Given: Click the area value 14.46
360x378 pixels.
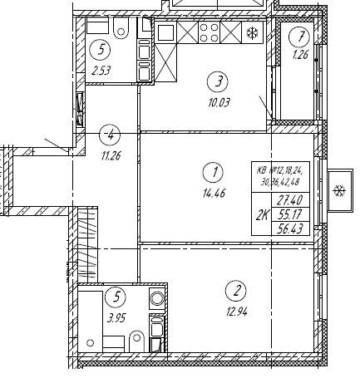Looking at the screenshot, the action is [x=214, y=193].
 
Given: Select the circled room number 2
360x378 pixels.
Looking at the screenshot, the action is [x=236, y=291].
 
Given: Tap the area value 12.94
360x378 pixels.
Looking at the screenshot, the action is [x=236, y=312].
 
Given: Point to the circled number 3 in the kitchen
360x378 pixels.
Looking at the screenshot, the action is [x=218, y=81].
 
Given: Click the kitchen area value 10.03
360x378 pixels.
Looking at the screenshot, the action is [x=219, y=103].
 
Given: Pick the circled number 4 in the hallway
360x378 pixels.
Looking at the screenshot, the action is [x=110, y=135].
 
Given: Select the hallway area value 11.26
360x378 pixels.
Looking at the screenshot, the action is [x=111, y=156].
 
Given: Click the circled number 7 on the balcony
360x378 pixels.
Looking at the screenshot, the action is [x=298, y=37].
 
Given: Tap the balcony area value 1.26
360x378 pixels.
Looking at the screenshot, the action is [x=300, y=55].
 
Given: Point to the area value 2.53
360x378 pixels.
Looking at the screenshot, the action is [x=101, y=71].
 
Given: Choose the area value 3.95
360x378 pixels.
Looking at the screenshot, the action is [x=116, y=318].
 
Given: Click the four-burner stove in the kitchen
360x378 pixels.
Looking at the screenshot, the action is [x=210, y=32].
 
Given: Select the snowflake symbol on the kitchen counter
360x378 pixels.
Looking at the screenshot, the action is [x=253, y=32].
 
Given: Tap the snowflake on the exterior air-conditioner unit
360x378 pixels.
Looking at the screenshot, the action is [x=340, y=191].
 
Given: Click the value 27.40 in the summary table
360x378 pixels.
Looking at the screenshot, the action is [x=291, y=200].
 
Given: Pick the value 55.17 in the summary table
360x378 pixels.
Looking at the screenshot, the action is [x=291, y=214].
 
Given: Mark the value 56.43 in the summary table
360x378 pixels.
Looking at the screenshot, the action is [x=291, y=229].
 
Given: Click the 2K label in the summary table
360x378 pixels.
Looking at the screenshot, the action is [x=262, y=214].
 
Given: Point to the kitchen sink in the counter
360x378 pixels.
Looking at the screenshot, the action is [x=165, y=32].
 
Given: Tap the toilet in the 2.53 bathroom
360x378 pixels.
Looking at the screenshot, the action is [x=121, y=28].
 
